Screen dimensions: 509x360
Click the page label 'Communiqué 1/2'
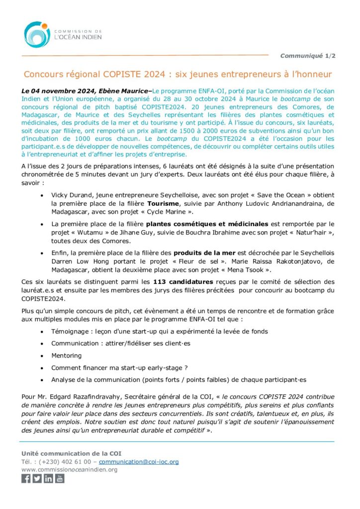click(x=308, y=56)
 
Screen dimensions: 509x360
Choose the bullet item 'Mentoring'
click(x=67, y=355)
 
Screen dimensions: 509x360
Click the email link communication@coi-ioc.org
click(x=139, y=462)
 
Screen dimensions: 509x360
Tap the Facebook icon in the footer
click(x=26, y=479)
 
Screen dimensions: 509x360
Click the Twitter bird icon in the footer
click(x=37, y=479)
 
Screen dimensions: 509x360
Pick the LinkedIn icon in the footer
click(x=48, y=479)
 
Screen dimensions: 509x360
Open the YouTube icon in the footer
click(x=60, y=479)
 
